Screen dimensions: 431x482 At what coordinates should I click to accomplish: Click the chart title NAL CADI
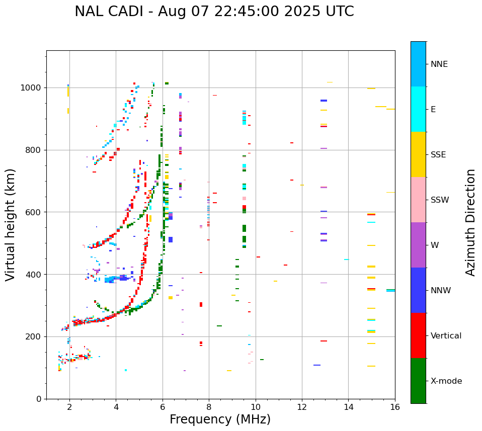214,12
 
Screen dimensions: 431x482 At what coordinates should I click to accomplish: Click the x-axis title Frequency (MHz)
220,419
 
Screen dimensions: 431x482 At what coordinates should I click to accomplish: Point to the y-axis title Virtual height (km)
11,224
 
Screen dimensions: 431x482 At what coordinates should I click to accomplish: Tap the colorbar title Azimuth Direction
470,222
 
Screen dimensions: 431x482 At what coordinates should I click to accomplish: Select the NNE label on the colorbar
439,64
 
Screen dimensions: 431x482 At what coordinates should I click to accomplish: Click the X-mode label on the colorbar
446,381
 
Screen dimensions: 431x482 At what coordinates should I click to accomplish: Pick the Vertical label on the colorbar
446,336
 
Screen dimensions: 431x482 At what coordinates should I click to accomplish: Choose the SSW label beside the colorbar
440,200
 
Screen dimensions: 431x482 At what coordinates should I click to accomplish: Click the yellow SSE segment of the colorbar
418,154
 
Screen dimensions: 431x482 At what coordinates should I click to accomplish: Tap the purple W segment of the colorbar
418,245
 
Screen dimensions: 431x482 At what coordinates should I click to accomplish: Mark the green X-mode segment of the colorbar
418,381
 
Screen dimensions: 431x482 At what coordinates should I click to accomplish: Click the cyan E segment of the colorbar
418,109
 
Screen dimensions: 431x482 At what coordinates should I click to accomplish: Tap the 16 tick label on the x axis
395,407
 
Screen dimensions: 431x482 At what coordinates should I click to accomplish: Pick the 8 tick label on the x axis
209,407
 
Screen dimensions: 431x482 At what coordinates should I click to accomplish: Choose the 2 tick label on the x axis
69,407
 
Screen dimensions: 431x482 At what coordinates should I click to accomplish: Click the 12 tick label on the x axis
302,407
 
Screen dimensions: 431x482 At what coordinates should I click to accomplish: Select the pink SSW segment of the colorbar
418,200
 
